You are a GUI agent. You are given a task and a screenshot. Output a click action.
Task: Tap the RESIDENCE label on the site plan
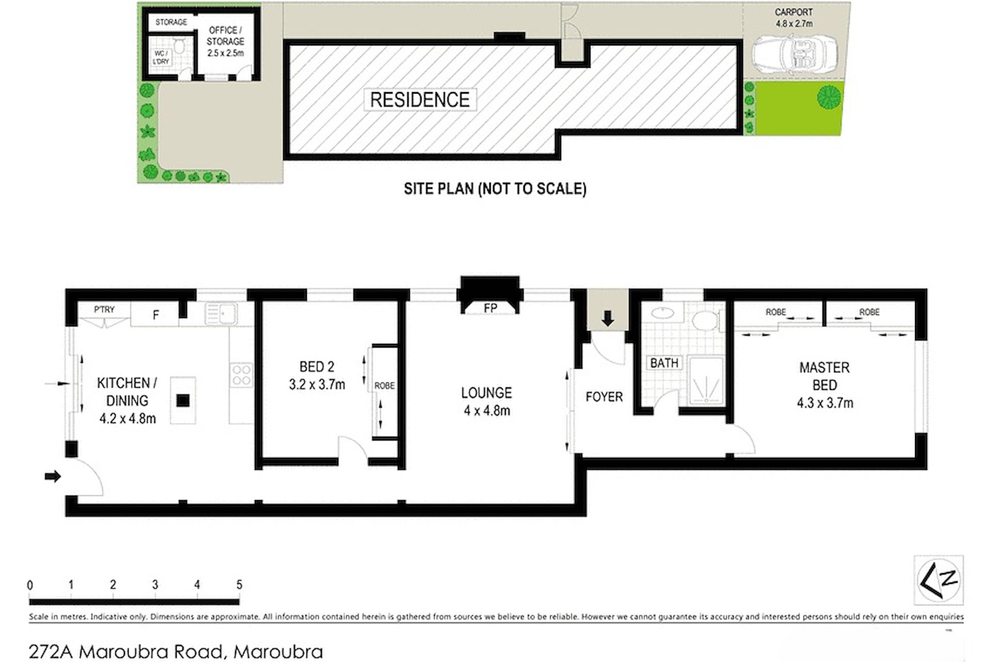coord(420,100)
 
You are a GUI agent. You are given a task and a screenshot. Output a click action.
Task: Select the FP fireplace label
coord(490,308)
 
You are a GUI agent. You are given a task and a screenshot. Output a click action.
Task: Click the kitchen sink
coord(221,313)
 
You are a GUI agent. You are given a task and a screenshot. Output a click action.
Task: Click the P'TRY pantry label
coord(104,309)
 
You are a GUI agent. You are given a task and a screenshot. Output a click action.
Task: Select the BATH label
coord(664,363)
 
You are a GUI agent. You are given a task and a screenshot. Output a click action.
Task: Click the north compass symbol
coord(938,580)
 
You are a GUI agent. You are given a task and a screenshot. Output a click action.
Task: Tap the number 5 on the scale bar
coord(239,584)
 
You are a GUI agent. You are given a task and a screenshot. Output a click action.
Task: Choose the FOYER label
coord(604,397)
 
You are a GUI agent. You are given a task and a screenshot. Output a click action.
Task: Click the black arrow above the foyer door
coord(608,319)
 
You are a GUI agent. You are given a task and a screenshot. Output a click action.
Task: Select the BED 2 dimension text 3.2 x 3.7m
coord(317,385)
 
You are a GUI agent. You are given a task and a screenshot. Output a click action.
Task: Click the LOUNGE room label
coord(487,393)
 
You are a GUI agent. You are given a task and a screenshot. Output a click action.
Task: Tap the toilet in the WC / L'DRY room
coord(179,46)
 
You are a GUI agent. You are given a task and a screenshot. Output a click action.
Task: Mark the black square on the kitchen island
coord(183,401)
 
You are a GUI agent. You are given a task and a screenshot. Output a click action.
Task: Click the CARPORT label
coord(794,12)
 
